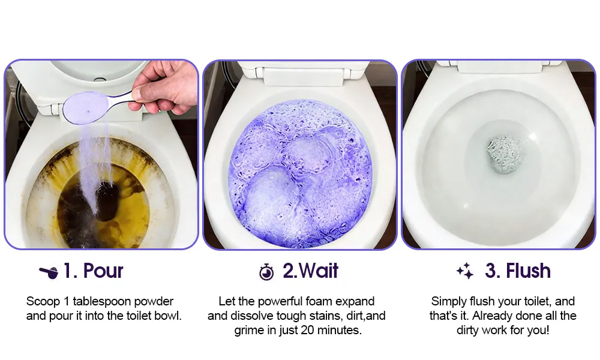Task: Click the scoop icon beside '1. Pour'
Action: tap(49, 272)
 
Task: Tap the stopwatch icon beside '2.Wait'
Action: tap(266, 272)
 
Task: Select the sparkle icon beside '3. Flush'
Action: tap(465, 271)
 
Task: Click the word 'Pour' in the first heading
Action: tap(103, 271)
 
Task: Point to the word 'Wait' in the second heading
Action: tap(319, 271)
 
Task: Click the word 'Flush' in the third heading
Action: tap(528, 271)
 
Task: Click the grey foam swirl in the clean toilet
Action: tap(505, 154)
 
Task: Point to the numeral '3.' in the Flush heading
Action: tap(493, 271)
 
